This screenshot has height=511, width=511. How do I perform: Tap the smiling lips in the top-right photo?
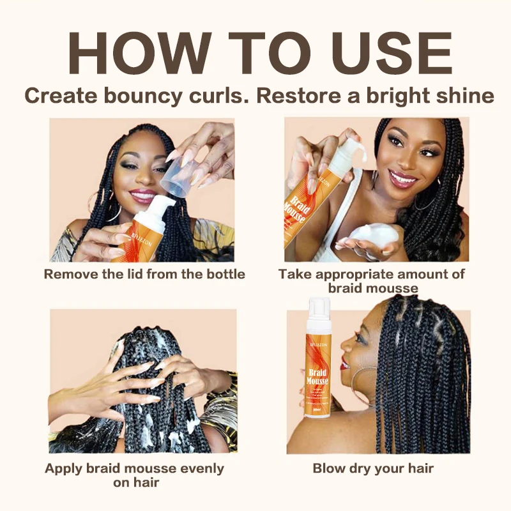[403, 178]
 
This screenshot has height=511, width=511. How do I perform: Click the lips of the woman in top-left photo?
[142, 195]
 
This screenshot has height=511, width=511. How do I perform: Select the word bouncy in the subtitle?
[144, 96]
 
